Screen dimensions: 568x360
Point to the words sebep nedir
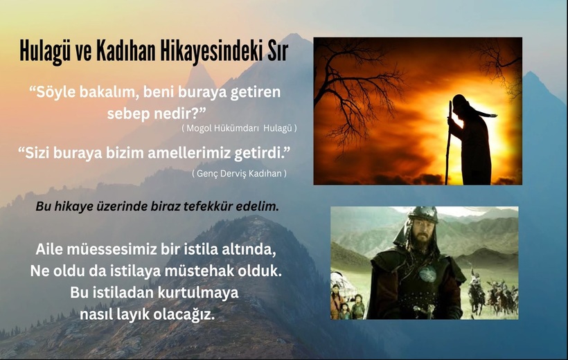(152, 114)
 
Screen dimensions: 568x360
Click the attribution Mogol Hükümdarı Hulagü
(239, 128)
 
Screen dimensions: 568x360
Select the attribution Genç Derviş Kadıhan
(239, 174)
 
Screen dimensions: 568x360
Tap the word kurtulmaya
(198, 293)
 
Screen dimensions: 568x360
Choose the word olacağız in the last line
(184, 314)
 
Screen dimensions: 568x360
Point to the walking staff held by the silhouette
(449, 143)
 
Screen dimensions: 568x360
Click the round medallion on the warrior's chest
(427, 274)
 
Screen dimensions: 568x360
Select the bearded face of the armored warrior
(421, 237)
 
